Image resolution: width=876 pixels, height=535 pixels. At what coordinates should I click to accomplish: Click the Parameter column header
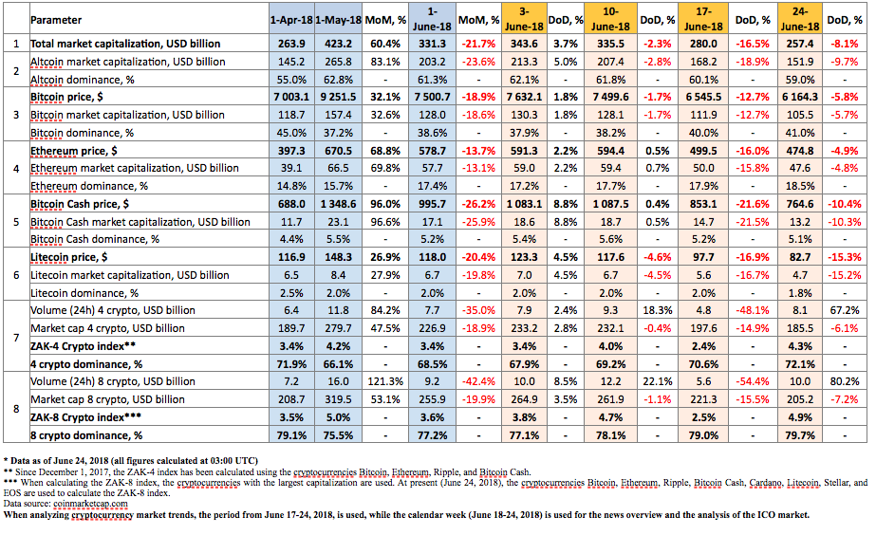tap(56, 20)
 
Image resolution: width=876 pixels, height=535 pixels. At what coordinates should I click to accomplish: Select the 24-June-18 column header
tap(799, 19)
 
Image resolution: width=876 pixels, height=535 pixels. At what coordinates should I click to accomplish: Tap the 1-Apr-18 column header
tap(291, 20)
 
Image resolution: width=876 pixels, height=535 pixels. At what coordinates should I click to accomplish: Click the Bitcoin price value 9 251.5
tap(338, 97)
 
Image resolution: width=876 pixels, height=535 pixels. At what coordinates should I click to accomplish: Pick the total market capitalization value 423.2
tap(338, 44)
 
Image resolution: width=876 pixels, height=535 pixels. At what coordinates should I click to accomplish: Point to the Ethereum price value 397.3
tap(291, 151)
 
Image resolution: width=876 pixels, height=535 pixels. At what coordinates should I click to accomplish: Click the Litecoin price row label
tap(68, 257)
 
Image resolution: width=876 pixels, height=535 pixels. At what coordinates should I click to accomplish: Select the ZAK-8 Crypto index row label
tap(85, 417)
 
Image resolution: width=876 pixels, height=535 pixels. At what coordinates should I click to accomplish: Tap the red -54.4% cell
tap(753, 381)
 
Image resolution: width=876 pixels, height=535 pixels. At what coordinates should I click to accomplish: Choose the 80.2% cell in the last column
tap(844, 381)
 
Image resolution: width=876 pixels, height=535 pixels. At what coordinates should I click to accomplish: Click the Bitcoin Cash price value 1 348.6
tap(338, 204)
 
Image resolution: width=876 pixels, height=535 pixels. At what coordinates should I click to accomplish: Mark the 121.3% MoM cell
tap(385, 381)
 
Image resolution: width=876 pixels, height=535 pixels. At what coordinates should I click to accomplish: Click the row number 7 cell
tap(16, 338)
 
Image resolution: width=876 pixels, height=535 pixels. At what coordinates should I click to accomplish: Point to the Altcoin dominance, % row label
tap(83, 80)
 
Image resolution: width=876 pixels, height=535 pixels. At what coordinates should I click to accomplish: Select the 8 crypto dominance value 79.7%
tap(799, 435)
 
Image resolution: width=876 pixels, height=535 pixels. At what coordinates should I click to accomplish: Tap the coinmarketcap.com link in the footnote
tap(90, 504)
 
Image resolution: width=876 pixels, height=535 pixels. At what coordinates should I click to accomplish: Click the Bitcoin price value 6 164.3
tap(799, 97)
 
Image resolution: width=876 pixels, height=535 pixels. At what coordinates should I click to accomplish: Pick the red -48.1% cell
tap(753, 310)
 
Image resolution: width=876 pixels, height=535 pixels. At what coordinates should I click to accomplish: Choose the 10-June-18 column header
tap(610, 19)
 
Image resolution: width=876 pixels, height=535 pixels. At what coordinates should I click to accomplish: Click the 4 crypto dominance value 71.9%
tap(291, 364)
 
